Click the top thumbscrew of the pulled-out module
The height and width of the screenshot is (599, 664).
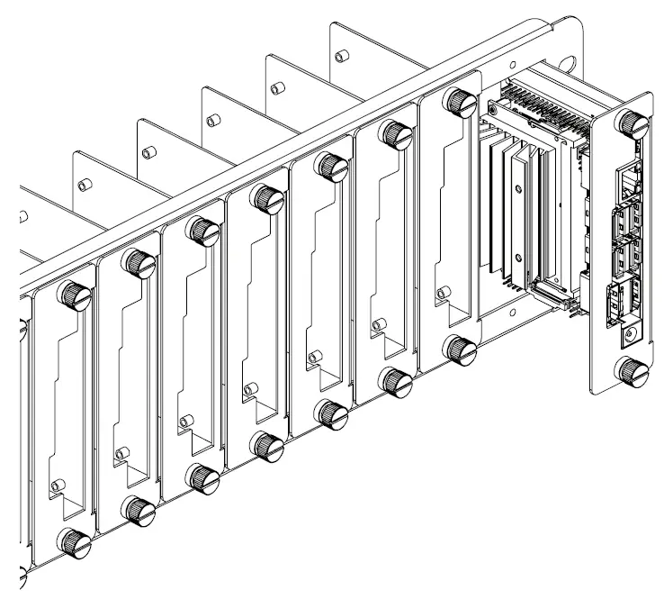[x=633, y=122]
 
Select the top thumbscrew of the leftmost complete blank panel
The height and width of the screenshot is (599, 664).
[x=73, y=295]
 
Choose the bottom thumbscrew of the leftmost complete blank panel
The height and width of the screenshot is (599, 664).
[x=71, y=541]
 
